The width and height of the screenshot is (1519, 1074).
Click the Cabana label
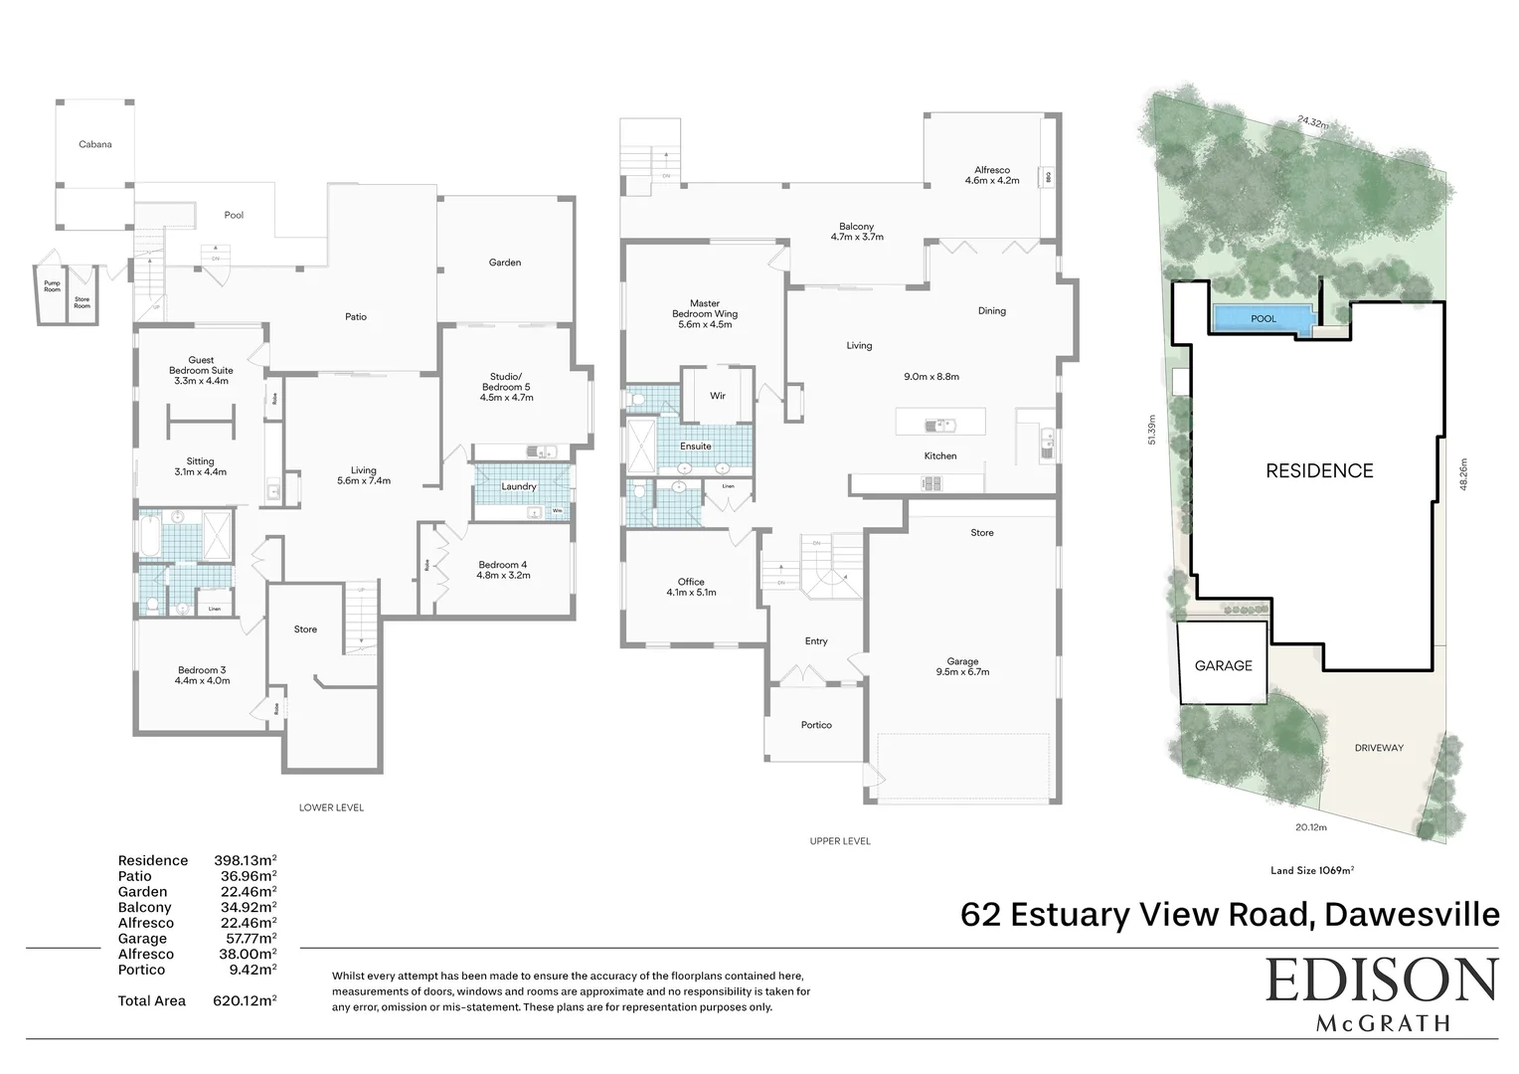[x=95, y=144]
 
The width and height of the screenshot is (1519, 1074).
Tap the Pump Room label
[x=52, y=286]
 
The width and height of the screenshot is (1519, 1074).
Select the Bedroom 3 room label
[x=204, y=675]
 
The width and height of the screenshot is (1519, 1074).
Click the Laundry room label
[x=518, y=486]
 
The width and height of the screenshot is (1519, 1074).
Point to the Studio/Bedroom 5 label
[x=506, y=387]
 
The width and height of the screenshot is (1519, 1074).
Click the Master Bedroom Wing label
[x=704, y=313]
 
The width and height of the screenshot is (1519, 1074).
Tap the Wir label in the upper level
[x=717, y=396]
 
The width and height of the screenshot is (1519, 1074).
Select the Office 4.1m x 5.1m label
[x=691, y=587]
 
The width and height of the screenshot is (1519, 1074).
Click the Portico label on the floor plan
[x=816, y=725]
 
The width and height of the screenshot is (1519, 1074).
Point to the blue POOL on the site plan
[x=1263, y=319]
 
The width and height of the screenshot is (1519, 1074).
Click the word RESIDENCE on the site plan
[x=1319, y=471]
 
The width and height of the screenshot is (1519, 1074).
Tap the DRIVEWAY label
[x=1378, y=748]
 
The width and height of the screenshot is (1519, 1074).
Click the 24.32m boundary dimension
[x=1312, y=122]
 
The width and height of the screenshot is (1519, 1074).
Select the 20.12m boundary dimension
[x=1310, y=827]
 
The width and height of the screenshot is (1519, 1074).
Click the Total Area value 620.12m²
[x=245, y=1000]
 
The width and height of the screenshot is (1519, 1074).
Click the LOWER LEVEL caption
[x=331, y=807]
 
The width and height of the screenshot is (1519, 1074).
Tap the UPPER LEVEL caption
[x=840, y=841]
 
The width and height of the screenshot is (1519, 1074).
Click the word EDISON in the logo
[x=1381, y=982]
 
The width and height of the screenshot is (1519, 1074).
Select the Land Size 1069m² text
[x=1312, y=870]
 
